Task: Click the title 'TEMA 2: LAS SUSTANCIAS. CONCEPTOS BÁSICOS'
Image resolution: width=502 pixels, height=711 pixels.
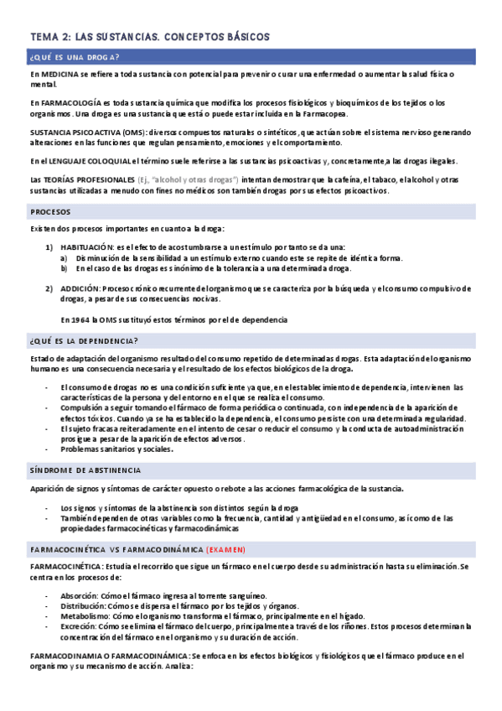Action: (149, 37)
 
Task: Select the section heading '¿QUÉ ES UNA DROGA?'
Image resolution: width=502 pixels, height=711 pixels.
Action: (74, 57)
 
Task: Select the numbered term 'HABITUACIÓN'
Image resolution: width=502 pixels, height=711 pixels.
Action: (86, 247)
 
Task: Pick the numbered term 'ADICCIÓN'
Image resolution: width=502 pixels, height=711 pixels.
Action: (80, 288)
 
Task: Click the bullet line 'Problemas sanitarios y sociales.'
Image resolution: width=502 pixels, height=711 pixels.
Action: (116, 449)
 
